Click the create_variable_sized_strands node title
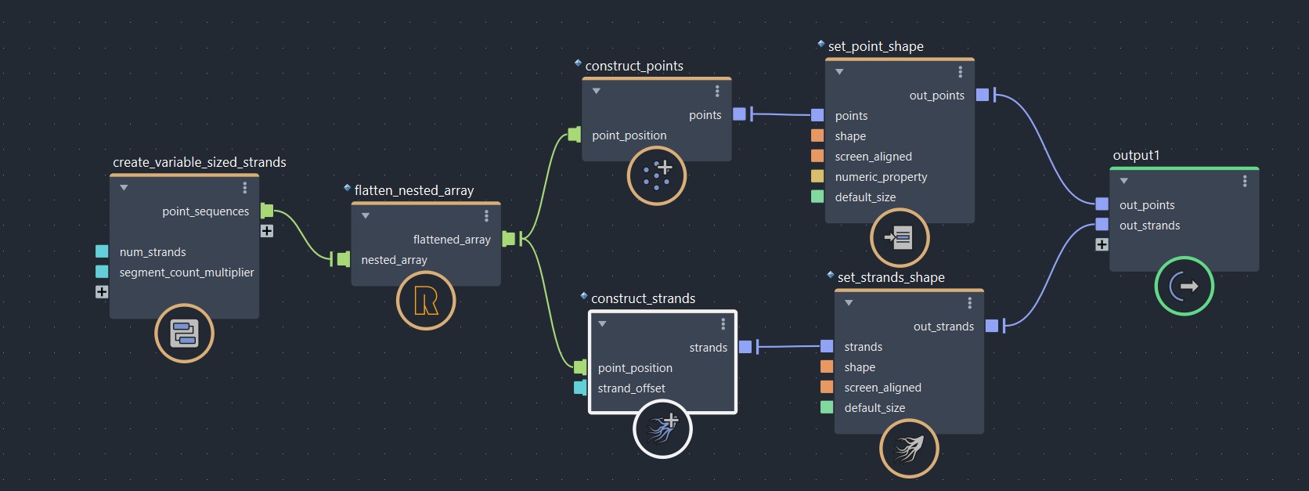click(199, 162)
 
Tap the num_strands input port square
click(102, 251)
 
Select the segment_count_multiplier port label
click(186, 273)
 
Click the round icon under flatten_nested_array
click(426, 301)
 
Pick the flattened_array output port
click(509, 239)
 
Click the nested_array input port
click(343, 259)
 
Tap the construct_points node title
click(634, 66)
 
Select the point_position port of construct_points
click(575, 135)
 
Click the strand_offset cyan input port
click(580, 388)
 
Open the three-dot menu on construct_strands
click(723, 323)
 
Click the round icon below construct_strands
click(662, 429)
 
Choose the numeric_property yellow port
click(817, 176)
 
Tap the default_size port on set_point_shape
click(817, 197)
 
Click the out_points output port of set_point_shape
click(983, 95)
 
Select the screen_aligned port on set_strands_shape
click(827, 387)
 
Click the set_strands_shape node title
click(891, 277)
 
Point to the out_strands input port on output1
click(1102, 225)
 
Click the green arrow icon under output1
click(1184, 286)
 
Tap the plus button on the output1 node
click(1102, 244)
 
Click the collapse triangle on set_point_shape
click(839, 72)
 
